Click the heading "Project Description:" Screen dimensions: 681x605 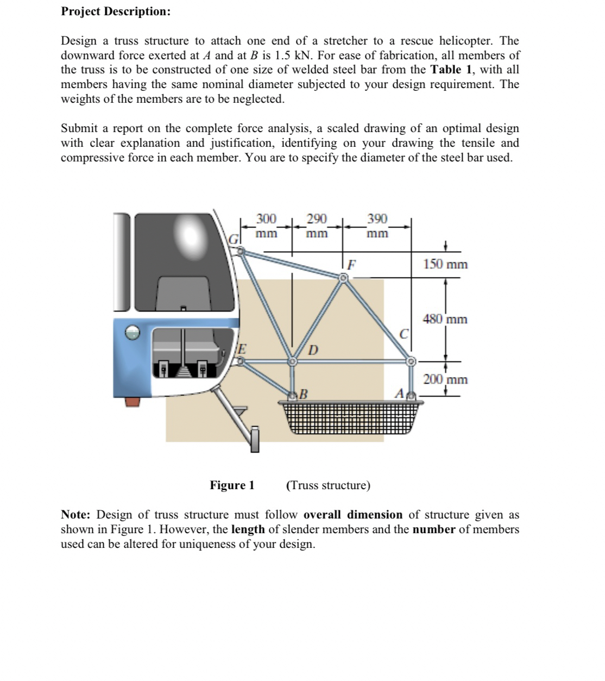click(116, 11)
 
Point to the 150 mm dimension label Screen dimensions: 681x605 click(445, 264)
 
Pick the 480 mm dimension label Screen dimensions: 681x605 click(445, 319)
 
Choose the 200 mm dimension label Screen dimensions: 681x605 click(445, 379)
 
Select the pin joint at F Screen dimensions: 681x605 click(343, 278)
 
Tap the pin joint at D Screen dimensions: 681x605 click(293, 361)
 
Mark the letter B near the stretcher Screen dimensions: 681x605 click(304, 393)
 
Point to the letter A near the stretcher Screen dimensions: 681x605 click(399, 392)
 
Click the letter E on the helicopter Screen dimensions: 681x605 click(243, 348)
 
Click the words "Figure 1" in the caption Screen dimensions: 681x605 click(232, 485)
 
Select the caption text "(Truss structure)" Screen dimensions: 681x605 click(328, 485)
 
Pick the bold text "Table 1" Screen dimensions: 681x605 click(453, 70)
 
